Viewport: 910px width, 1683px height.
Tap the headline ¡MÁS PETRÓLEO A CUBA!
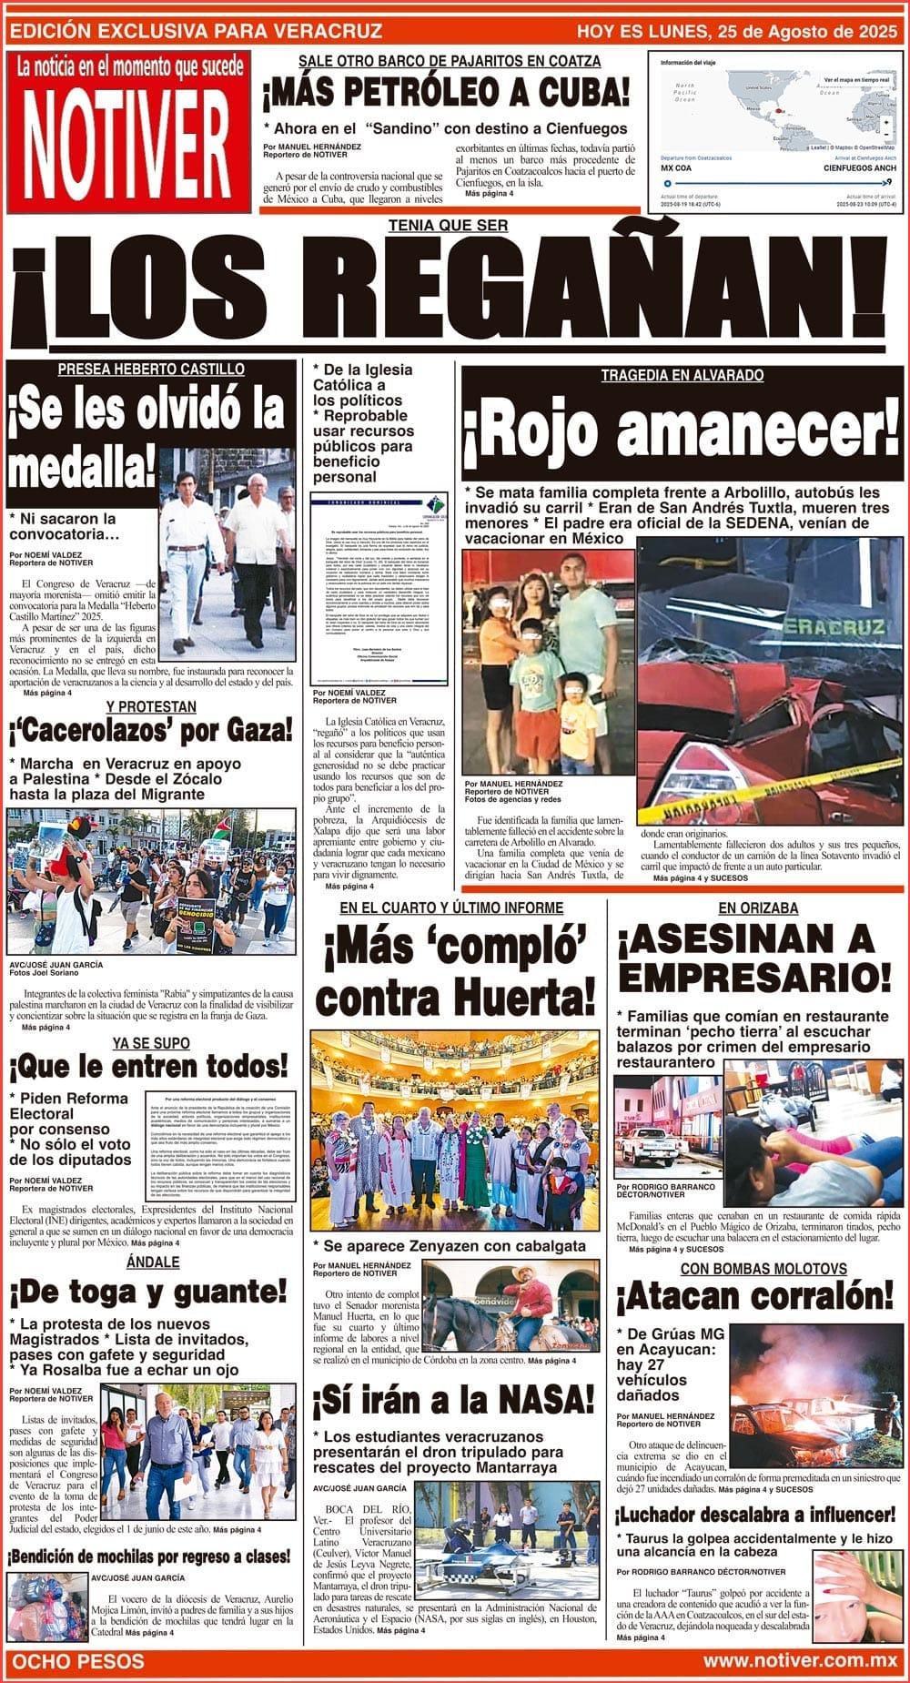pyautogui.click(x=446, y=92)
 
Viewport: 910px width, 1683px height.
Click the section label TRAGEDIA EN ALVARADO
pyautogui.click(x=682, y=375)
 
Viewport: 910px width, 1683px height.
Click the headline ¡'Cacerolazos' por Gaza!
pyautogui.click(x=151, y=730)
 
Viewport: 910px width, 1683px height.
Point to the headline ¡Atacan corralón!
pyautogui.click(x=755, y=1297)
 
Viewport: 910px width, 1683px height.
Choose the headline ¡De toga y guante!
pyautogui.click(x=148, y=1292)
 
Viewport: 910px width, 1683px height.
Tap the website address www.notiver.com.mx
pyautogui.click(x=800, y=1660)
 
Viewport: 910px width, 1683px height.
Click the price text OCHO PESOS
pyautogui.click(x=78, y=1660)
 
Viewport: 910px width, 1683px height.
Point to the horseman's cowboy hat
pyautogui.click(x=529, y=1272)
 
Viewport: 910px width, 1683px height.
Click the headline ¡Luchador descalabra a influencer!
pyautogui.click(x=755, y=1515)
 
